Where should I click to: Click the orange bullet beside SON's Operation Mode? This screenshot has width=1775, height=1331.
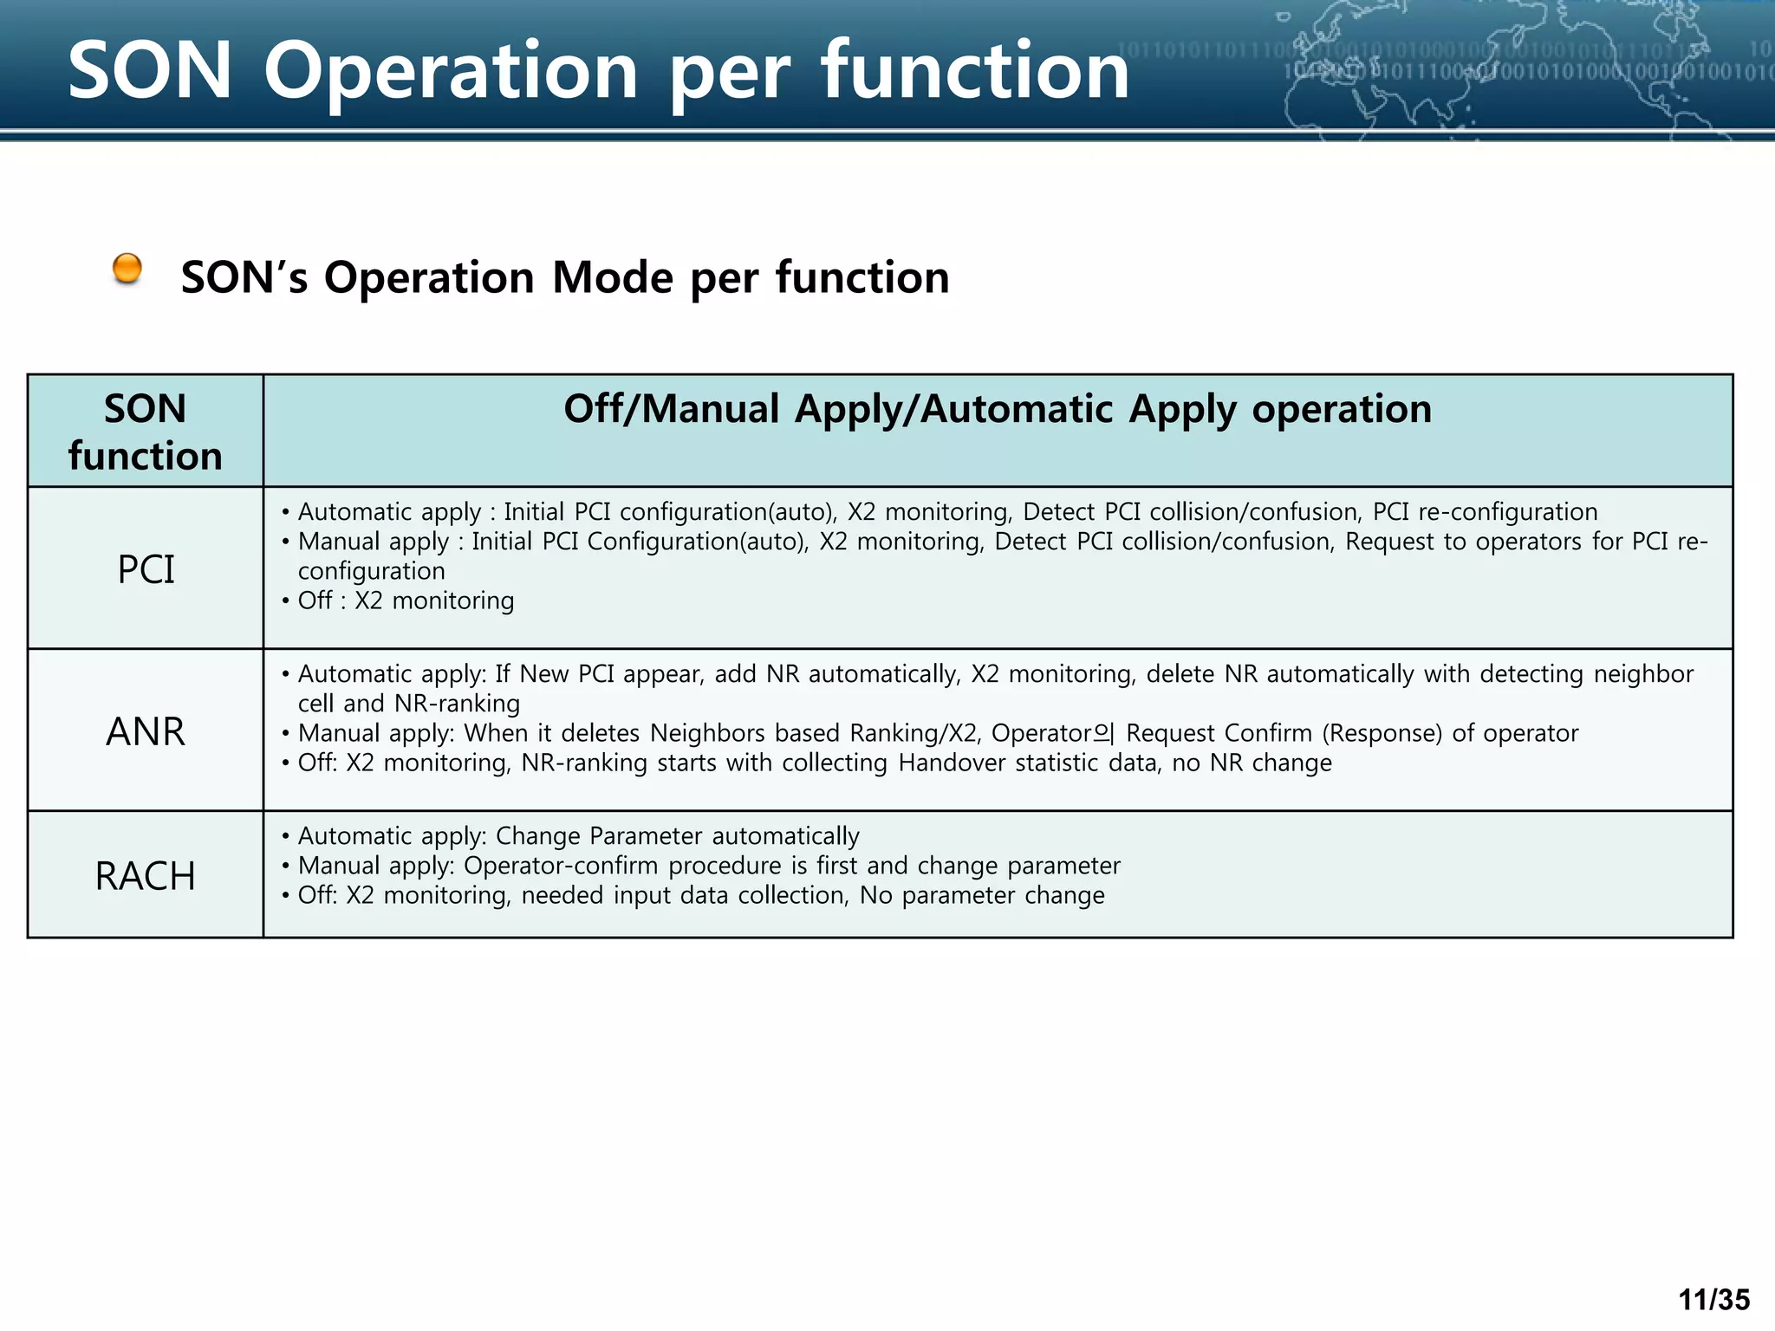[127, 269]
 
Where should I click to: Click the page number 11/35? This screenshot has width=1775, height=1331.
[1713, 1300]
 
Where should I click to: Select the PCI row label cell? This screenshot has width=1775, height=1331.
[146, 569]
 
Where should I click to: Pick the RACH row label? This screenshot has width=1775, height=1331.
[146, 876]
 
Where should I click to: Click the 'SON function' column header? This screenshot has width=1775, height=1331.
[146, 432]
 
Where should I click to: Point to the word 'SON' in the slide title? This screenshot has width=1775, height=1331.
[150, 71]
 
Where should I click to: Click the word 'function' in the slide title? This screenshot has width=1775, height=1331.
[975, 71]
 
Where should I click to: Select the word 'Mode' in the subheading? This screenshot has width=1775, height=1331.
[612, 278]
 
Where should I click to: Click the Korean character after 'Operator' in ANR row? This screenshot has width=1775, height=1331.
[1103, 734]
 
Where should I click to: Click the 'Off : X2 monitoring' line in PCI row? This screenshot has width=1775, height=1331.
[406, 601]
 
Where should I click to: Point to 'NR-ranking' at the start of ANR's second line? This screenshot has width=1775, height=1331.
[457, 704]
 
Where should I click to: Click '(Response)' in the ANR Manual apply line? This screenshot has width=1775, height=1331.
[1382, 734]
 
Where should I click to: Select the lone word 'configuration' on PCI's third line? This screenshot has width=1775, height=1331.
[371, 571]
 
